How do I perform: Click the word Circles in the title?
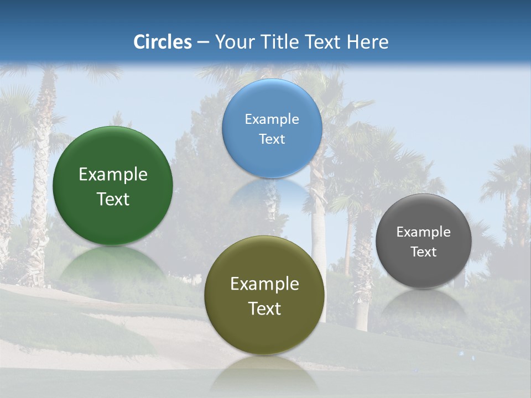(162, 42)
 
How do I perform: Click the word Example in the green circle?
(113, 175)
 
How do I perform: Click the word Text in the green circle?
(113, 199)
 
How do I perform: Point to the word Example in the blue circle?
(272, 119)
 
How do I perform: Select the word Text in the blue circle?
(272, 139)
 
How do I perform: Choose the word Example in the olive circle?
(264, 284)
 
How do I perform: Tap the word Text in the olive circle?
(264, 308)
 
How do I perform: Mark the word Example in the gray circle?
(424, 232)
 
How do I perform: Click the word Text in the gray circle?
(424, 252)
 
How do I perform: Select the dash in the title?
(203, 42)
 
